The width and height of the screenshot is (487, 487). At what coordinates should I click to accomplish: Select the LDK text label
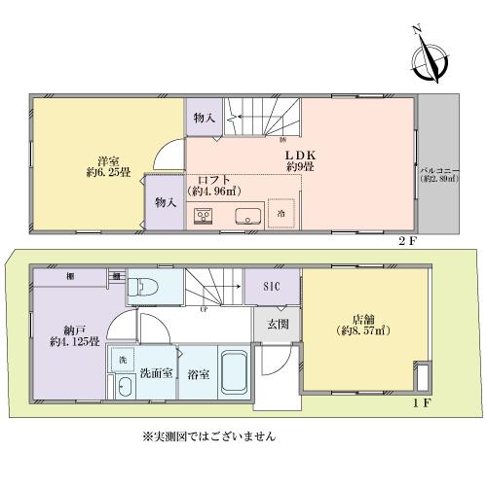298,154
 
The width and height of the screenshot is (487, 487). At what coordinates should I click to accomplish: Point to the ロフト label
214,179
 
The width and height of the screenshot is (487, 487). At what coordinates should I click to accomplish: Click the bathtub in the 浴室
232,372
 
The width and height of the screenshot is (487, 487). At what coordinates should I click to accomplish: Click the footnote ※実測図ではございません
207,436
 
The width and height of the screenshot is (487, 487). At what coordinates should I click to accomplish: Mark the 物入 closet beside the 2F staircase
205,118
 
